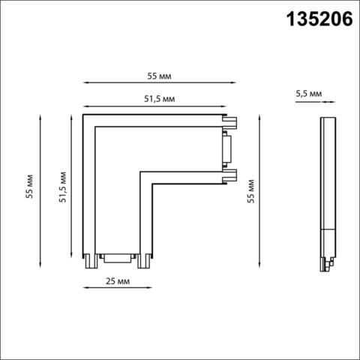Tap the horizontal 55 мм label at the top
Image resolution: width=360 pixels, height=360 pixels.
[x=157, y=76]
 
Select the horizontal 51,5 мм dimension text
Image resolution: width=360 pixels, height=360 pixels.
[x=157, y=98]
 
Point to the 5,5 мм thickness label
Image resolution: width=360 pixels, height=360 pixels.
[x=309, y=94]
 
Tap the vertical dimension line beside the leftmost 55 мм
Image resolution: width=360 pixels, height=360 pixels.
[x=38, y=190]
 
